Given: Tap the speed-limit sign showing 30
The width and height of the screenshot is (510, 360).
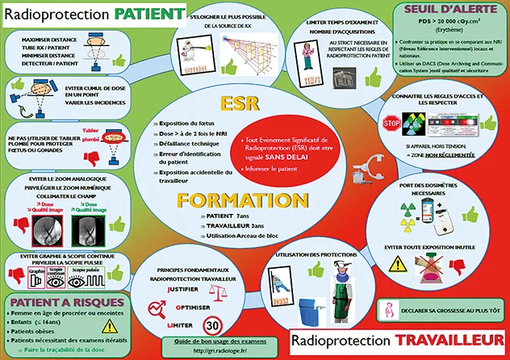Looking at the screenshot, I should coord(213,325).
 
